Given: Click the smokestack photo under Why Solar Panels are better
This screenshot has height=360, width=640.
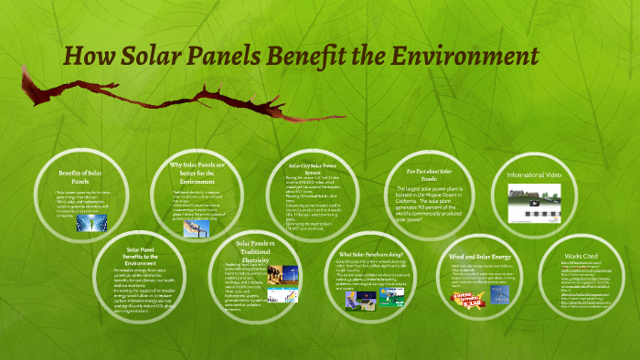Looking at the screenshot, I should point(196,230).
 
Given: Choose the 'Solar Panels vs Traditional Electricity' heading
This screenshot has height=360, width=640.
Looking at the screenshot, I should point(256,250).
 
